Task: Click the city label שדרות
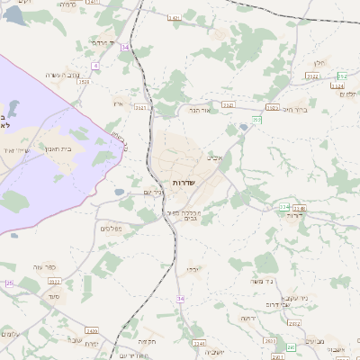click(184, 183)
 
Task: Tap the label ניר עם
click(153, 192)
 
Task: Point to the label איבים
click(214, 157)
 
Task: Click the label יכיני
click(193, 268)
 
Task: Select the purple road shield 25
click(9, 284)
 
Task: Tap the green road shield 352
click(343, 77)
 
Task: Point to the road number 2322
click(228, 104)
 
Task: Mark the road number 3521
click(141, 107)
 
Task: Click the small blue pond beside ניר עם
click(119, 192)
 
